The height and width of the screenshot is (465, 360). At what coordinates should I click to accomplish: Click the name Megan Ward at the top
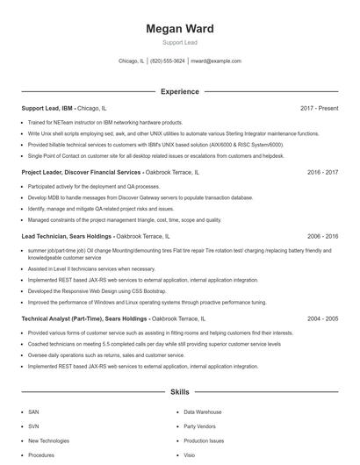[x=179, y=29]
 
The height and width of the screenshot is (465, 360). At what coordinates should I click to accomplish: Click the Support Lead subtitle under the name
[x=179, y=42]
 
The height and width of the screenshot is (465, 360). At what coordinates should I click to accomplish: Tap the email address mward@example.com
[x=217, y=61]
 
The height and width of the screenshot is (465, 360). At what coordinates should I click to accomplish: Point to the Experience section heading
[x=179, y=91]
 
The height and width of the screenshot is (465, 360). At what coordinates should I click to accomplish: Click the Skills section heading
[x=179, y=391]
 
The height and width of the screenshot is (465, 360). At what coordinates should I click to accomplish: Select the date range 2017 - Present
[x=319, y=109]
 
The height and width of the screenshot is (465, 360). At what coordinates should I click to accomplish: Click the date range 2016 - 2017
[x=322, y=173]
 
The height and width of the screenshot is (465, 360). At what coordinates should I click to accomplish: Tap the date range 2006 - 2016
[x=322, y=237]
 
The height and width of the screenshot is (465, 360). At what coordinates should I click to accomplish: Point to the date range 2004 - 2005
[x=322, y=319]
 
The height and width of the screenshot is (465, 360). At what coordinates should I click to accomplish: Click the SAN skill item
[x=33, y=411]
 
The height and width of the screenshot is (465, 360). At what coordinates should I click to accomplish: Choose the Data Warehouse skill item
[x=202, y=411]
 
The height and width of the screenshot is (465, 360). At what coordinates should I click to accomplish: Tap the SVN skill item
[x=33, y=426]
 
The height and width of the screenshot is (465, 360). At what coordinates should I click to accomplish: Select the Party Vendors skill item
[x=199, y=426]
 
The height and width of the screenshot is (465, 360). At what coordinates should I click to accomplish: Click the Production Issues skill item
[x=204, y=440]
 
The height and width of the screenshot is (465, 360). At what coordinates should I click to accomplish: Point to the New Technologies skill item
[x=47, y=440]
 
